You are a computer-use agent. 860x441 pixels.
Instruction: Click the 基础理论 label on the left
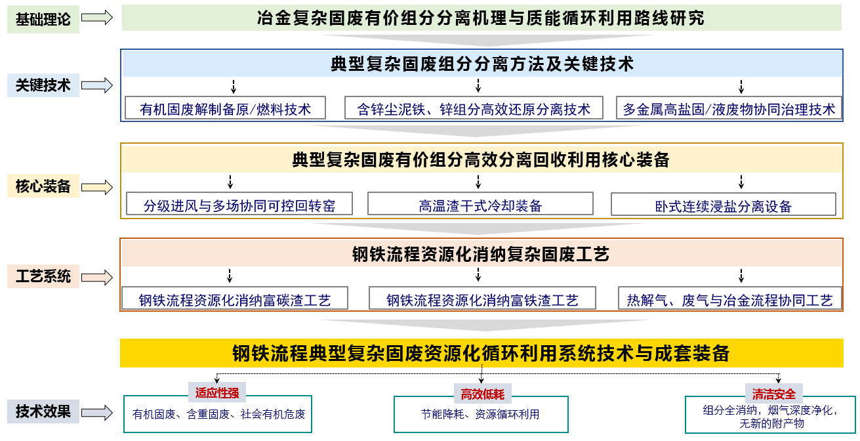click(x=43, y=19)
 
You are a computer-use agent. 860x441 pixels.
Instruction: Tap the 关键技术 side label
click(x=43, y=85)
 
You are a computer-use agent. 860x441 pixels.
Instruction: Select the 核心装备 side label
click(x=43, y=186)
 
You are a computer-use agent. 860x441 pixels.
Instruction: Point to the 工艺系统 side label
click(x=43, y=276)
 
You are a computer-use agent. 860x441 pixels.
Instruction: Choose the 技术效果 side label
click(x=43, y=411)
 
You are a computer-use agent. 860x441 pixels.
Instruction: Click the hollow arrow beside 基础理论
click(x=96, y=18)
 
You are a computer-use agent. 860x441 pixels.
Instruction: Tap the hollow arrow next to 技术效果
click(x=96, y=413)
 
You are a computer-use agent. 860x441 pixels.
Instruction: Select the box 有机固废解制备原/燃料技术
click(x=226, y=108)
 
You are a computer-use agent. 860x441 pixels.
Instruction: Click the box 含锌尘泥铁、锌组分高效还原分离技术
click(x=474, y=108)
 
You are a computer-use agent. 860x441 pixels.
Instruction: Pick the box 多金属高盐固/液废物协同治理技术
click(x=729, y=108)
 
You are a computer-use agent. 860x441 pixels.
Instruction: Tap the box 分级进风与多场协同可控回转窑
click(x=239, y=203)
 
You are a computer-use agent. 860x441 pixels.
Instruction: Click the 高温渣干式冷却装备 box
click(x=480, y=203)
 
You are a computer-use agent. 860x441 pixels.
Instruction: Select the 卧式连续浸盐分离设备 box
click(x=724, y=204)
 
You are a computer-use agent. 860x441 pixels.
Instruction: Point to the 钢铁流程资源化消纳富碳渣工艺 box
click(x=235, y=298)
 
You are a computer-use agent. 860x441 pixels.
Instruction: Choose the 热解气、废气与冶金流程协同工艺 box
click(x=730, y=298)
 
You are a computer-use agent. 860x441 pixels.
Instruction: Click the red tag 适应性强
click(x=217, y=392)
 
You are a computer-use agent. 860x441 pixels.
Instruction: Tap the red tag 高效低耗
click(x=482, y=394)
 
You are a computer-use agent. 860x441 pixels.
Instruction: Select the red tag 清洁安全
click(x=773, y=394)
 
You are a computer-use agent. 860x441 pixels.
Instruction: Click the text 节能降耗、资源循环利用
click(x=480, y=414)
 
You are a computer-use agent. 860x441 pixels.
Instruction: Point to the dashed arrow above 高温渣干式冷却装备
click(x=478, y=182)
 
